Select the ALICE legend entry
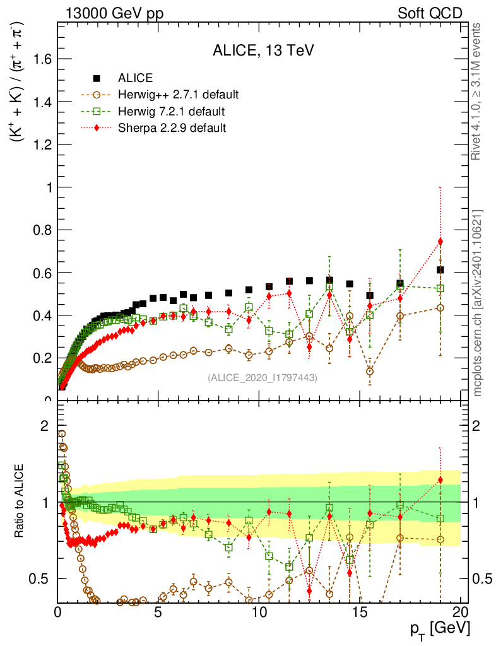click(x=135, y=78)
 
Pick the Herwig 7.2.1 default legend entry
click(x=171, y=112)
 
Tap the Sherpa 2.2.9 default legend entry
click(x=172, y=128)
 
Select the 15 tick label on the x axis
click(x=360, y=612)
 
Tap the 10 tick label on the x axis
click(x=259, y=612)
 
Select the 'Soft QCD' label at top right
click(x=430, y=13)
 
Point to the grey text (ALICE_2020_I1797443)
click(x=262, y=377)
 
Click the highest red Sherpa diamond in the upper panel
click(x=440, y=242)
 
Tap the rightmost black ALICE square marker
click(x=440, y=270)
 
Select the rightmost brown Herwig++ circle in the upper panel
click(x=440, y=308)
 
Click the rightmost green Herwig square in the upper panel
click(x=440, y=288)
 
